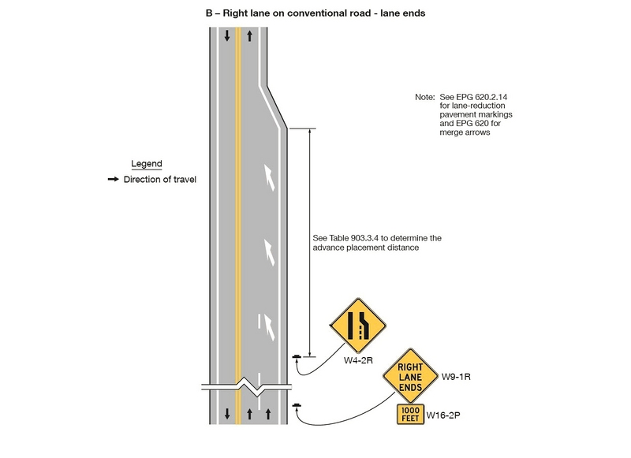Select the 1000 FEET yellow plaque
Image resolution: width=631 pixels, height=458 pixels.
click(x=410, y=415)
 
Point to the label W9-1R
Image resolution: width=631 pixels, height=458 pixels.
click(x=456, y=376)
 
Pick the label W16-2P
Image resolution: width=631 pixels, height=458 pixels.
click(x=442, y=415)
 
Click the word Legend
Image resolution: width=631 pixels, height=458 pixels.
click(x=147, y=164)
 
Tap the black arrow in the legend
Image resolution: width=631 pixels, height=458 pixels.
click(x=113, y=180)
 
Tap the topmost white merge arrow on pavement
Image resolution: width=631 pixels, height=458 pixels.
click(x=271, y=177)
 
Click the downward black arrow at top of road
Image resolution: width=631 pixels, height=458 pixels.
click(x=227, y=35)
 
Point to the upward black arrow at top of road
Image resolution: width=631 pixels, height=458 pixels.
click(x=249, y=35)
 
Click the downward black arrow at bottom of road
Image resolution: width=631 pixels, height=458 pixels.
click(x=227, y=413)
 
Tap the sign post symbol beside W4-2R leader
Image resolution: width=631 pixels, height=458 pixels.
click(x=297, y=358)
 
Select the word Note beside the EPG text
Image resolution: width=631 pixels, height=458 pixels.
click(x=424, y=97)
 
